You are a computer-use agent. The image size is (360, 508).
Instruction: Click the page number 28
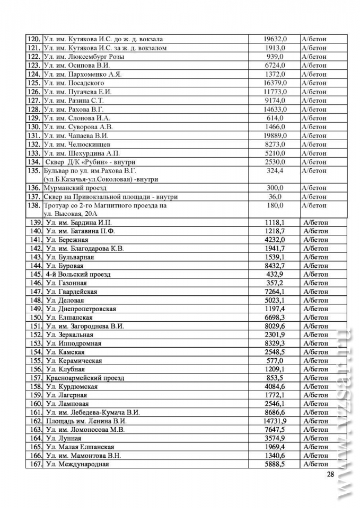(330, 474)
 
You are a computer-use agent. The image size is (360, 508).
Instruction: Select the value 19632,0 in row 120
(275, 39)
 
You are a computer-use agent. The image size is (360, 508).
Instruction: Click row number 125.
(33, 83)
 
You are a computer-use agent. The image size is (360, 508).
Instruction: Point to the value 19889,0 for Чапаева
(275, 135)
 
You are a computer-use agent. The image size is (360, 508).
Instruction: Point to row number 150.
(36, 317)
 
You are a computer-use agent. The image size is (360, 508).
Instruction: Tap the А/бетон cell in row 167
(315, 464)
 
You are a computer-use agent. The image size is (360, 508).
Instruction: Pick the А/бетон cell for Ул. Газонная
(315, 283)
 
